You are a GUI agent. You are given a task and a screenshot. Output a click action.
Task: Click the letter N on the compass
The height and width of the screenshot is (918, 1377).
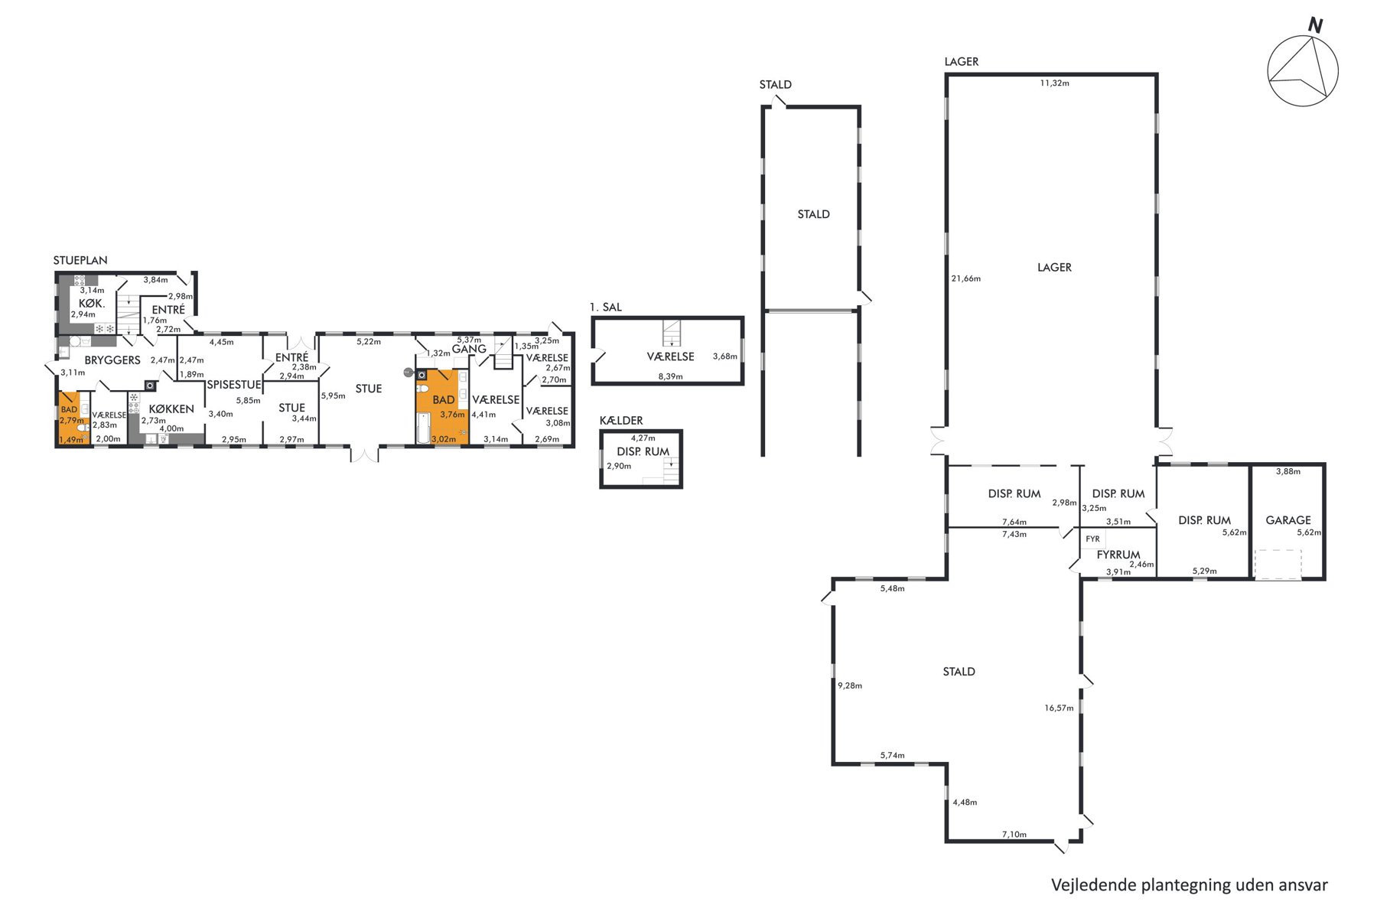pyautogui.click(x=1315, y=25)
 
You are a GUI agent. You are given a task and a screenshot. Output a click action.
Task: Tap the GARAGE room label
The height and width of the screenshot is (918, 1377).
pyautogui.click(x=1288, y=520)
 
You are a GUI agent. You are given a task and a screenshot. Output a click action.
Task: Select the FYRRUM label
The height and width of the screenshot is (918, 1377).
pyautogui.click(x=1118, y=555)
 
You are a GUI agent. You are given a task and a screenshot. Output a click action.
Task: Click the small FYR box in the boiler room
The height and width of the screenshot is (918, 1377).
pyautogui.click(x=1092, y=539)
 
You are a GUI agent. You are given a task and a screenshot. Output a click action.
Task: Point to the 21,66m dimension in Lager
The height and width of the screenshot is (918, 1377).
pyautogui.click(x=966, y=278)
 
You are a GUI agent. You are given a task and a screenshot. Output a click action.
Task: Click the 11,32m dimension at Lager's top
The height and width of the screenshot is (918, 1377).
pyautogui.click(x=1054, y=83)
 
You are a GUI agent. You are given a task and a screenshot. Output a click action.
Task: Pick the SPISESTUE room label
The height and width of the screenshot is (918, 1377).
pyautogui.click(x=234, y=385)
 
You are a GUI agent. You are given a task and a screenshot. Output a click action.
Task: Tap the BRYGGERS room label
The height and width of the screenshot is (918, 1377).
pyautogui.click(x=112, y=360)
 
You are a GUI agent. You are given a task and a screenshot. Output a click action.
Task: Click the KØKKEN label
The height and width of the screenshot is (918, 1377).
pyautogui.click(x=171, y=409)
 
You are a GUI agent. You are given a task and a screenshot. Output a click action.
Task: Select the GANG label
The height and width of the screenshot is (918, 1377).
pyautogui.click(x=469, y=349)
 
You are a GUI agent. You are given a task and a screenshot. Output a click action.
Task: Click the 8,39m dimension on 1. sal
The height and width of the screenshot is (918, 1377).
pyautogui.click(x=670, y=376)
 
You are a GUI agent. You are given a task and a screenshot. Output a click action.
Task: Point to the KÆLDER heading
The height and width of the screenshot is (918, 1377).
pyautogui.click(x=621, y=420)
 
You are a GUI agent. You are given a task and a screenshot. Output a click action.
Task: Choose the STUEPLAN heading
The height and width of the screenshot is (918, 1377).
pyautogui.click(x=80, y=260)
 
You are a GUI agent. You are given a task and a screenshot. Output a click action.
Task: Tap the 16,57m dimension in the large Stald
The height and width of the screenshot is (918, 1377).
pyautogui.click(x=1059, y=708)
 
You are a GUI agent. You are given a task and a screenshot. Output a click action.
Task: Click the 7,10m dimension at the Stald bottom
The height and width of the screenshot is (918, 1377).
pyautogui.click(x=1014, y=835)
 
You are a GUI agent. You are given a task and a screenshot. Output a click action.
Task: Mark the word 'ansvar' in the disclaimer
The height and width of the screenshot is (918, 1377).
pyautogui.click(x=1303, y=885)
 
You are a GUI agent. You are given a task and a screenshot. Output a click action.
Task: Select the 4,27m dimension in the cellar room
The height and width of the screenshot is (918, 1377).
pyautogui.click(x=643, y=438)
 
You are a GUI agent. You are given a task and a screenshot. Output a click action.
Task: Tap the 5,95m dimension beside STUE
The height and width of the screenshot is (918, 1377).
pyautogui.click(x=333, y=396)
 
